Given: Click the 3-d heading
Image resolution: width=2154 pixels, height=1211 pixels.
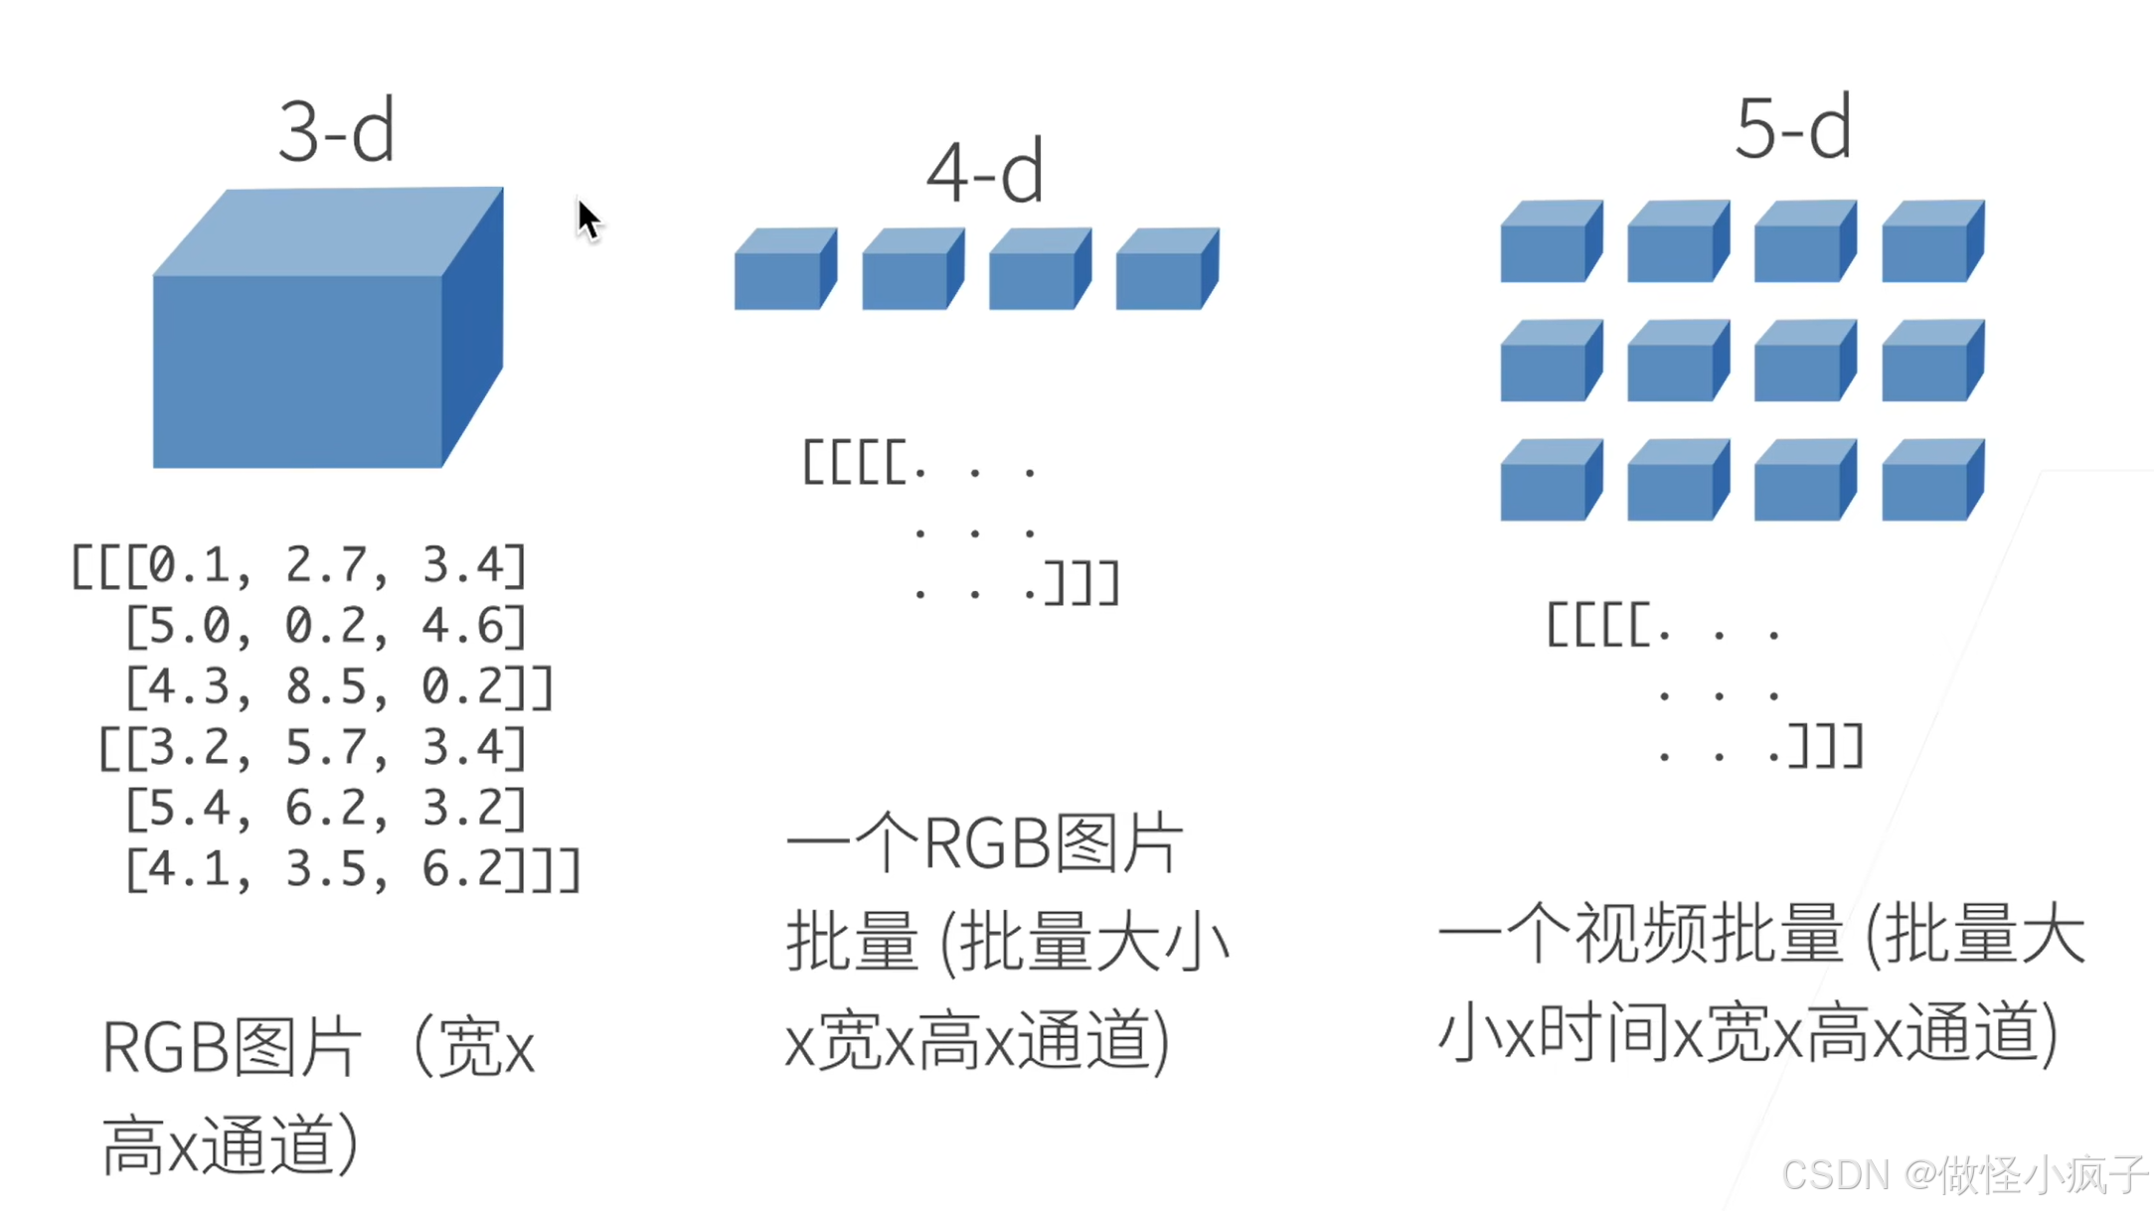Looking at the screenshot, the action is [336, 131].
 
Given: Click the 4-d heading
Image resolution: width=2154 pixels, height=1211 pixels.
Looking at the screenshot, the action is [984, 173].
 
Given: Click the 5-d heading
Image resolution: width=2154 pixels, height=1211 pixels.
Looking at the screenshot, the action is [1792, 129].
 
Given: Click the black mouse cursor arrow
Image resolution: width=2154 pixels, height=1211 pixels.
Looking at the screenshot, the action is [588, 220].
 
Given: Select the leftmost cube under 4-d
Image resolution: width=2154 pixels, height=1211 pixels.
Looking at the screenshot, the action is [783, 270].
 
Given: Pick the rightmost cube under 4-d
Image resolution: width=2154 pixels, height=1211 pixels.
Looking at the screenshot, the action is [1165, 270].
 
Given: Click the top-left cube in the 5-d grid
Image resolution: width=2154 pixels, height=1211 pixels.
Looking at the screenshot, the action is [1549, 242].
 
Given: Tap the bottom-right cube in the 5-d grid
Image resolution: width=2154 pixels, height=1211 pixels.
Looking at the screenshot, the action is [1930, 481].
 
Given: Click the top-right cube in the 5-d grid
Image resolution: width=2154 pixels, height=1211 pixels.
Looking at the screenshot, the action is [1930, 242].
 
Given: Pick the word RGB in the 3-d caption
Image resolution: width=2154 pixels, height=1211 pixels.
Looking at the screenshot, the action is [165, 1048].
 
